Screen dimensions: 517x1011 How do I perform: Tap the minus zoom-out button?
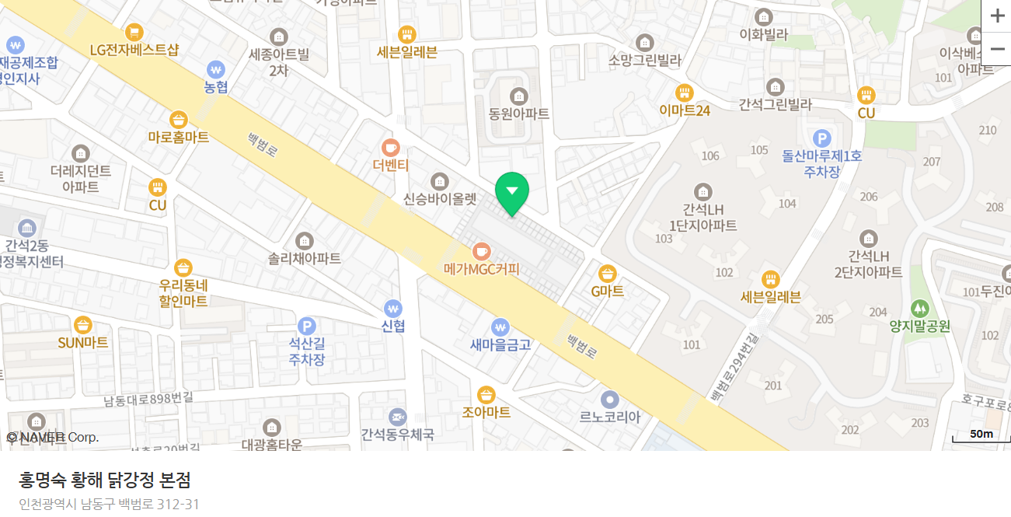click(997, 49)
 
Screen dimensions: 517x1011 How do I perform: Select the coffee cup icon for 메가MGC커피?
click(482, 251)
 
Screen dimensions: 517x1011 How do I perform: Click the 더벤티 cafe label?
click(391, 165)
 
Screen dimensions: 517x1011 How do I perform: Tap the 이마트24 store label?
click(685, 110)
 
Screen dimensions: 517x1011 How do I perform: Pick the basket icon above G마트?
click(608, 274)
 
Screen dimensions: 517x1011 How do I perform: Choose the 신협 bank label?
click(393, 326)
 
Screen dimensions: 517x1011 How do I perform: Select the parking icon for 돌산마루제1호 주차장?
click(822, 138)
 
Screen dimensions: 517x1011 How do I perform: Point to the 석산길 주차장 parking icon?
click(307, 326)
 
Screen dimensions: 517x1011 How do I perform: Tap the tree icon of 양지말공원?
click(920, 309)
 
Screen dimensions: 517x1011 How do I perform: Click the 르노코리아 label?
click(610, 417)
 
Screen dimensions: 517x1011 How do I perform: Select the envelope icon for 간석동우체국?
click(398, 417)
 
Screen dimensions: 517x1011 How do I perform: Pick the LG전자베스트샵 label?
click(134, 50)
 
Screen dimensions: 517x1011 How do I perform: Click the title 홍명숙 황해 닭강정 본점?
click(105, 480)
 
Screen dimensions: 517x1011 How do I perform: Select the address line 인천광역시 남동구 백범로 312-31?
click(110, 504)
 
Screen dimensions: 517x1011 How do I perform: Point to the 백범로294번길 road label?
click(734, 368)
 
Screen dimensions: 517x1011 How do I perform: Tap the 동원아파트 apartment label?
click(519, 114)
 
